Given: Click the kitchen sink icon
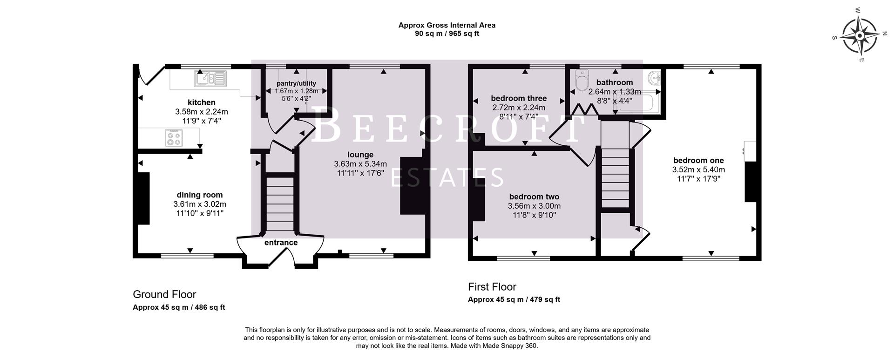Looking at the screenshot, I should [x=211, y=79].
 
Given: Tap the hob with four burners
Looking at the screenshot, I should [x=174, y=138].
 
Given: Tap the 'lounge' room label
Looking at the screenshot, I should [x=360, y=155].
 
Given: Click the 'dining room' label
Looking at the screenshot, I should [x=199, y=195].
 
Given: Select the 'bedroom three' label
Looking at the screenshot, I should [x=519, y=99].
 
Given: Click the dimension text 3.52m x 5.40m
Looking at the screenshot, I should [x=698, y=170].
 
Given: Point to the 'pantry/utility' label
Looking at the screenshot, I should [x=296, y=83].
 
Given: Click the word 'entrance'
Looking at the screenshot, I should [x=281, y=243].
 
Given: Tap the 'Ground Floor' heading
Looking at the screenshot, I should [x=164, y=294].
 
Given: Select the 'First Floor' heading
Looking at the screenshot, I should [x=492, y=287].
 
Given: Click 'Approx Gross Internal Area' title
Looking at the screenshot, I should [x=447, y=25].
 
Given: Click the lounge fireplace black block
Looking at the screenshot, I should [x=413, y=185].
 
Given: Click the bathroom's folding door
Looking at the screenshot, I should [x=584, y=110].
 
